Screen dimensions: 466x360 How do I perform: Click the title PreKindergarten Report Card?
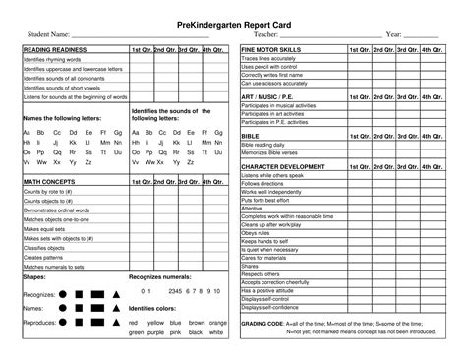pyautogui.click(x=233, y=20)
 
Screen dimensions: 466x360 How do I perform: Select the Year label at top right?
pyautogui.click(x=395, y=34)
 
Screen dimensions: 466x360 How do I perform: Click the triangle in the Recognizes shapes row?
pyautogui.click(x=116, y=293)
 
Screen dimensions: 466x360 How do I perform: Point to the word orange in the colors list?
pyautogui.click(x=218, y=322)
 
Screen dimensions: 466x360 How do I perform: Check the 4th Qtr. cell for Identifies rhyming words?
pyautogui.click(x=213, y=58)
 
